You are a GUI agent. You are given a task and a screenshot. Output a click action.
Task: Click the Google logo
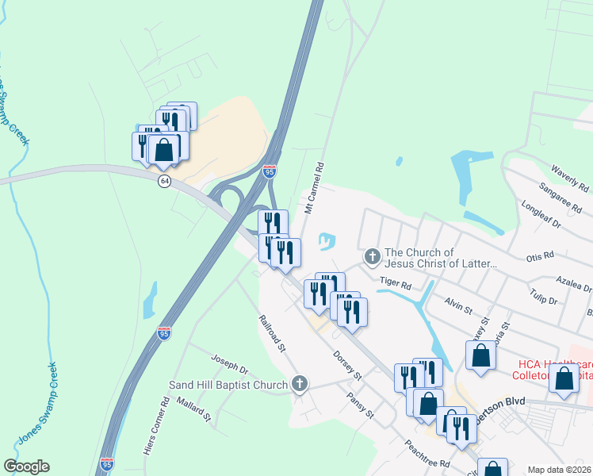point(26,466)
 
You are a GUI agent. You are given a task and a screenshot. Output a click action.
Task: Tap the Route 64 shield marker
point(164,181)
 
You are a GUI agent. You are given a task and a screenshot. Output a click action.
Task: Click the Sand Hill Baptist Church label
point(228,386)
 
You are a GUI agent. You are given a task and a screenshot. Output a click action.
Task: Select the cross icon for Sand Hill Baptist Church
point(299,385)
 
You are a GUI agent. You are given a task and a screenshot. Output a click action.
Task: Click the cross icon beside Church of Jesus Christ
point(372,257)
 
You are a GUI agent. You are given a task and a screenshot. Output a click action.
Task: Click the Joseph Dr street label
point(230,367)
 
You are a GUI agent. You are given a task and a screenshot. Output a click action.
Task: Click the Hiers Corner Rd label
point(155,425)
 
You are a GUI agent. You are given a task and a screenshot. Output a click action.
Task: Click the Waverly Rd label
point(569,179)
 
